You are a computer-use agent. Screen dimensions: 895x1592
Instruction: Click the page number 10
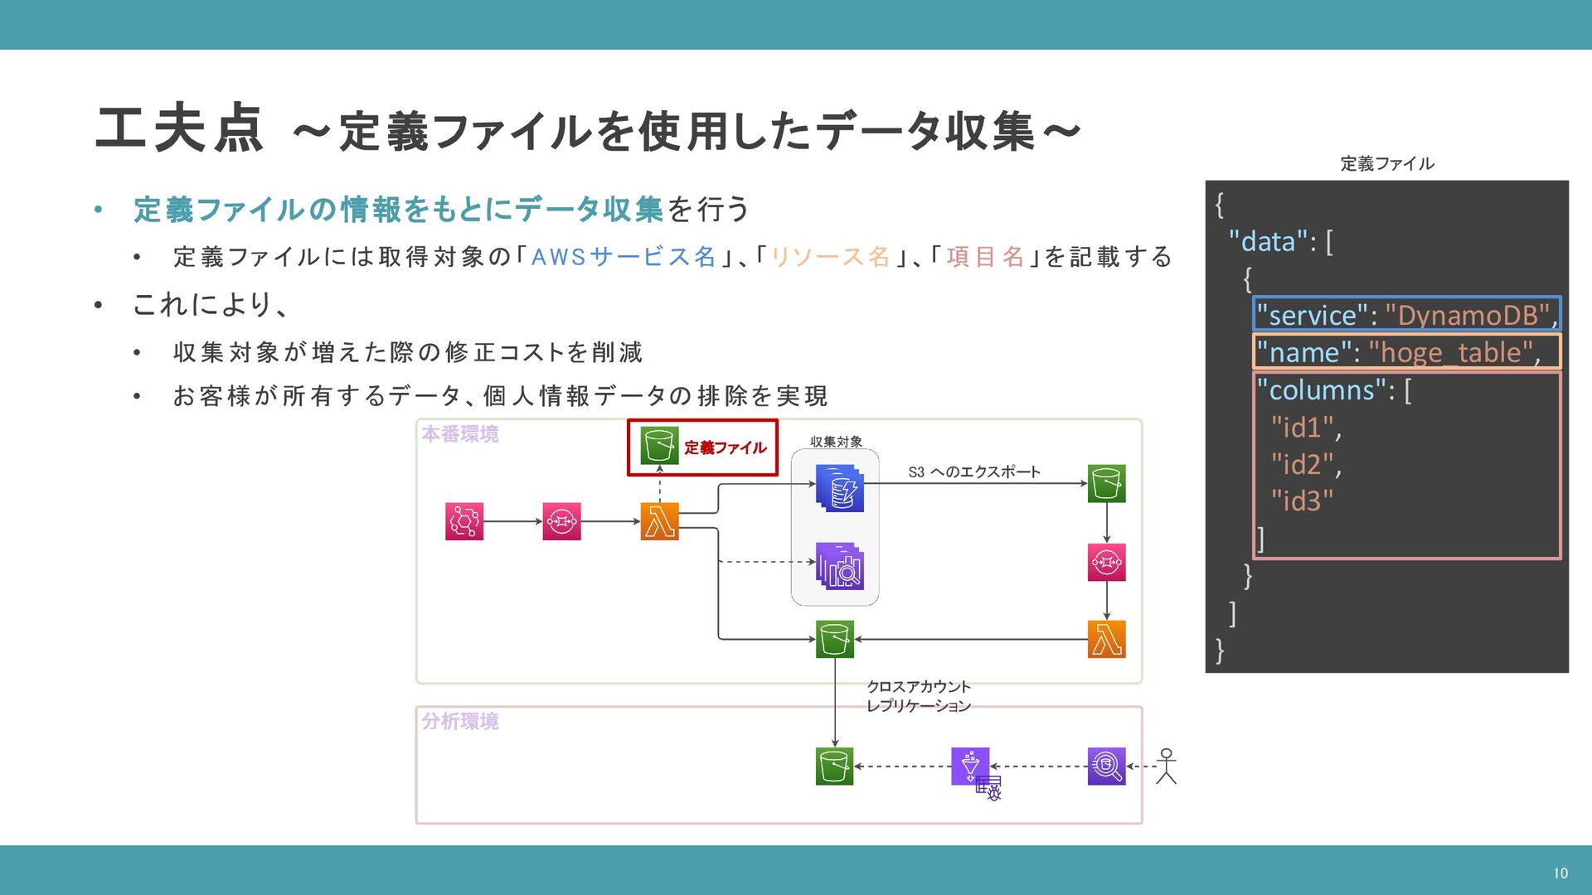tap(1560, 873)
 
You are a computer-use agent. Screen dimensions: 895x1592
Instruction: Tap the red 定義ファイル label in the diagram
tap(725, 447)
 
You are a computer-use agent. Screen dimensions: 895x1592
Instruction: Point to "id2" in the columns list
tap(1303, 464)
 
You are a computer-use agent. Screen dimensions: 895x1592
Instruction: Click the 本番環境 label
tap(460, 434)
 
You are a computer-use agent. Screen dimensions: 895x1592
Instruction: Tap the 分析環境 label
tap(460, 721)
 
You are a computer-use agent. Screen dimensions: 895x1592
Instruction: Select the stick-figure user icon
tap(1167, 766)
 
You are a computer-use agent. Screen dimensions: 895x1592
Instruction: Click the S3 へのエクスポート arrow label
tap(973, 472)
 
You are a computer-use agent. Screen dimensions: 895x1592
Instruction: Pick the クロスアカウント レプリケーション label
tap(918, 696)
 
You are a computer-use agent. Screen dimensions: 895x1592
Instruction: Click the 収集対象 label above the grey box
tap(836, 442)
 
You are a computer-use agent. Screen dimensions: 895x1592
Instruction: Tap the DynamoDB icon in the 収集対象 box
tap(839, 487)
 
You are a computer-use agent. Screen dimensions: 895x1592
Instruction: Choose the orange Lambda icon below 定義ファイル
tap(660, 521)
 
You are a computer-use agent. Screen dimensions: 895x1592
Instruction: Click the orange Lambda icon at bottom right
tap(1106, 639)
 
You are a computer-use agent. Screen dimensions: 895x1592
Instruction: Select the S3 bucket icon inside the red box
tap(660, 446)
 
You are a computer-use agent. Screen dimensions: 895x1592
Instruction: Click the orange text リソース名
tap(830, 257)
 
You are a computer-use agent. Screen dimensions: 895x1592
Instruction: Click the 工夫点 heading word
tap(179, 129)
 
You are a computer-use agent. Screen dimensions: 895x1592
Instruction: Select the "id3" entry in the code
tap(1302, 501)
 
